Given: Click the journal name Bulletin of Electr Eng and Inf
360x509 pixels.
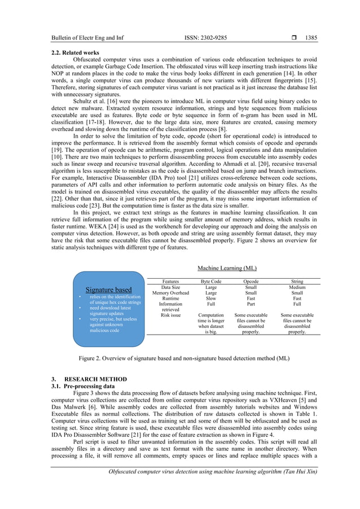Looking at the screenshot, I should (87, 38).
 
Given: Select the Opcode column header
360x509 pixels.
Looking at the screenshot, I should (251, 280).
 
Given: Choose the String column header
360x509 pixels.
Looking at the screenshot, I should (296, 280).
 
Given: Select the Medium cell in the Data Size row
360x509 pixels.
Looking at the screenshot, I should (296, 287).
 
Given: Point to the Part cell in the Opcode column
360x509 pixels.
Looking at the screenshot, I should (251, 304).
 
